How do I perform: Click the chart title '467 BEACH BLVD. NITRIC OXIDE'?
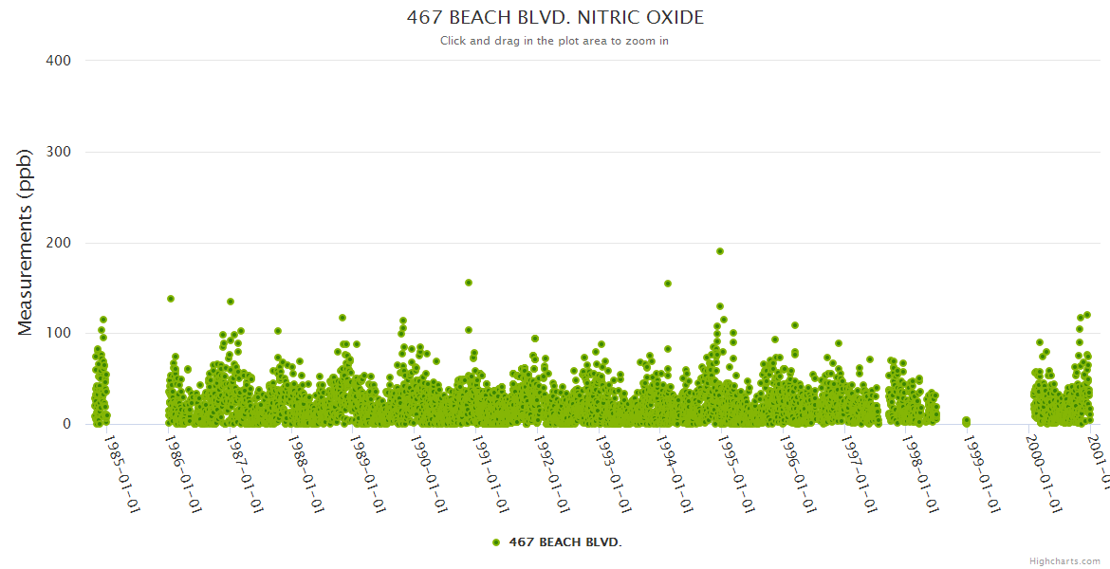pyautogui.click(x=555, y=18)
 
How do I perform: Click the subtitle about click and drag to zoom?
pyautogui.click(x=555, y=41)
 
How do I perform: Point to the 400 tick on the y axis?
pyautogui.click(x=58, y=61)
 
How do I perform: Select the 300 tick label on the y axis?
pyautogui.click(x=58, y=152)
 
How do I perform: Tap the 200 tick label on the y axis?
pyautogui.click(x=58, y=243)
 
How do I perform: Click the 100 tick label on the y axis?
pyautogui.click(x=58, y=334)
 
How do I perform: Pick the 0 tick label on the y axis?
pyautogui.click(x=65, y=425)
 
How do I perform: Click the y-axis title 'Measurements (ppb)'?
pyautogui.click(x=26, y=243)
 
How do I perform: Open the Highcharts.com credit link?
pyautogui.click(x=1064, y=561)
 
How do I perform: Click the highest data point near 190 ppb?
pyautogui.click(x=720, y=251)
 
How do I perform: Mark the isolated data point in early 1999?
pyautogui.click(x=966, y=420)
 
